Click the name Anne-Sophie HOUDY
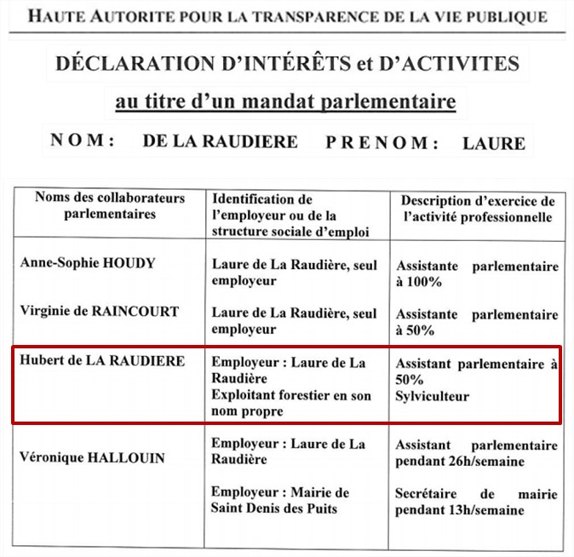[88, 263]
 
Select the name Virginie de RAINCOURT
[100, 312]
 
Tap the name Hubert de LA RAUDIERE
[102, 361]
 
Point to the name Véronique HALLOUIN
[93, 458]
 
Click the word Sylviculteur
[433, 397]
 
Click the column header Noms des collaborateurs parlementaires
[110, 206]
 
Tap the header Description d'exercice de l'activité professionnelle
[478, 209]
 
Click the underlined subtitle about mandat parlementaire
[285, 103]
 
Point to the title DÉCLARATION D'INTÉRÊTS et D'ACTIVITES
[286, 63]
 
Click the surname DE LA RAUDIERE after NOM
[221, 141]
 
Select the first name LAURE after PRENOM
[494, 143]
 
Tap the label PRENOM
[382, 141]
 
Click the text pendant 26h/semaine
[459, 462]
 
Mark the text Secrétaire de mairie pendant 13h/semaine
[477, 502]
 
